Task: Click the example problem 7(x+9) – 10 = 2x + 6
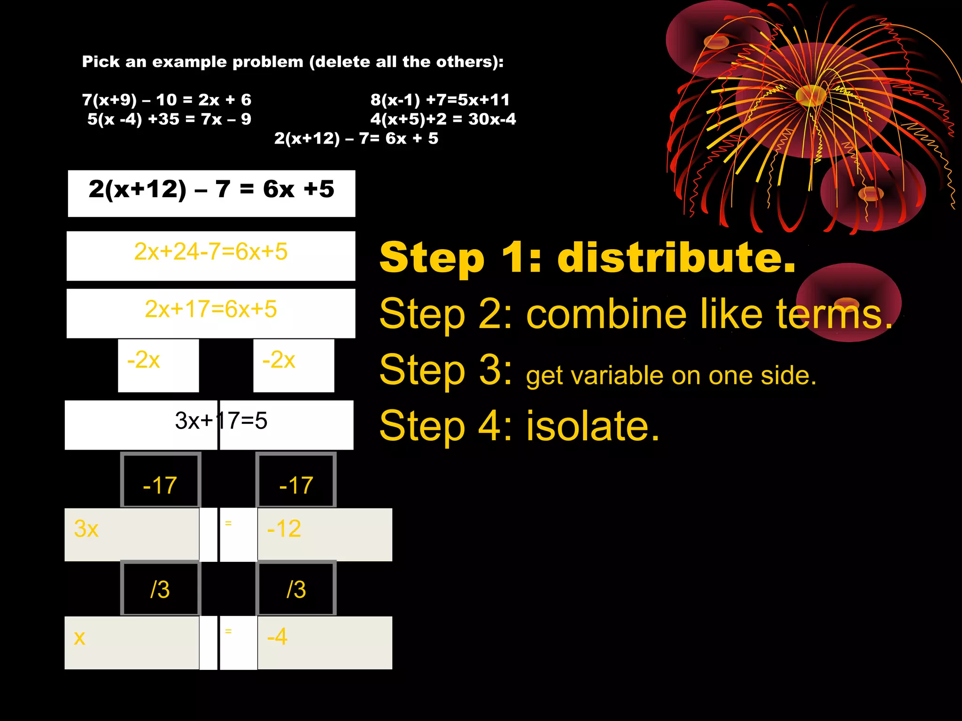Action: pos(167,100)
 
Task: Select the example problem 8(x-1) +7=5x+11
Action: pos(440,100)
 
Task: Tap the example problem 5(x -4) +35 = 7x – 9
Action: pos(169,119)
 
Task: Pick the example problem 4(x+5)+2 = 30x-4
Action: pos(443,119)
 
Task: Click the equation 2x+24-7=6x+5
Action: pos(210,252)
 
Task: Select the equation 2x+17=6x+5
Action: pos(210,309)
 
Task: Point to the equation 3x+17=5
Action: pos(221,421)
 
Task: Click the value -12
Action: pos(284,529)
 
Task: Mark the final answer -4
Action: pos(277,637)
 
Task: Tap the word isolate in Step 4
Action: pos(593,426)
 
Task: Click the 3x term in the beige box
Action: pos(86,529)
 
